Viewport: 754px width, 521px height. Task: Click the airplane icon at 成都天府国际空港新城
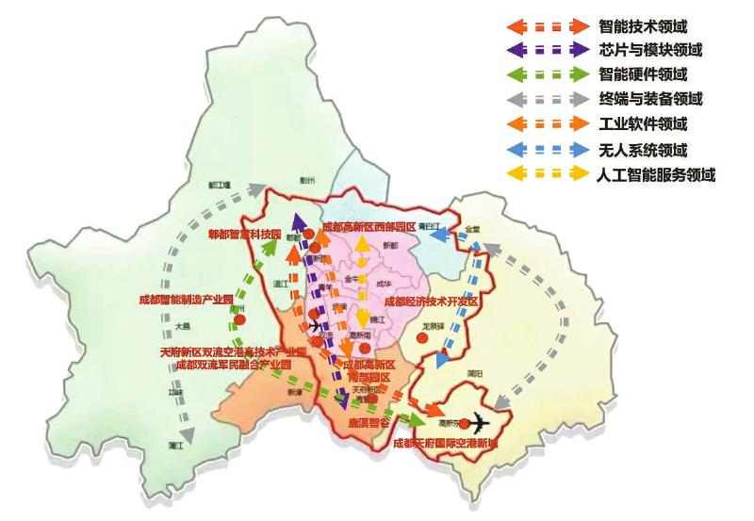(483, 421)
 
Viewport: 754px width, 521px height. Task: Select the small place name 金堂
(471, 229)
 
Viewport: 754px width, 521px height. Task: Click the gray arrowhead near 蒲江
(187, 434)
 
